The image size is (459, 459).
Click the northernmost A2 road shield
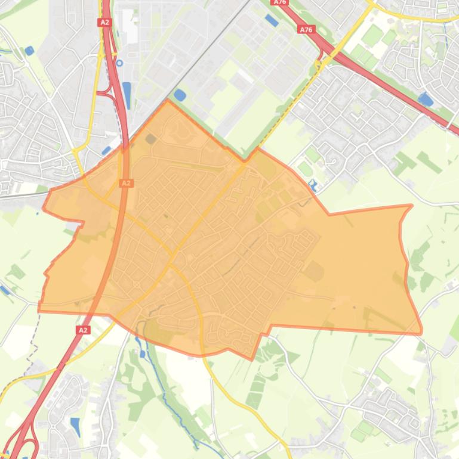point(104,23)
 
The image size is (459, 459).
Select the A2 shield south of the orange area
point(83,330)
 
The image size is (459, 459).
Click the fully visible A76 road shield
point(306,29)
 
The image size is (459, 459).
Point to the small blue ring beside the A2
point(119,63)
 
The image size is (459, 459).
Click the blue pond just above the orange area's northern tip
point(180,94)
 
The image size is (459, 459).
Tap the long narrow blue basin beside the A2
point(127,95)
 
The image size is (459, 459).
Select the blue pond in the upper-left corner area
point(29,51)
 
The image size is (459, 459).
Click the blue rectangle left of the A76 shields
point(272,21)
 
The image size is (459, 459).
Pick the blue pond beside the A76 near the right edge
point(426,100)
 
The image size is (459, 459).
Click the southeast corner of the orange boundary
point(421,331)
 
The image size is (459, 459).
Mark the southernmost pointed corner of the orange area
point(251,359)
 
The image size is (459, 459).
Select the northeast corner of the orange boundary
point(411,206)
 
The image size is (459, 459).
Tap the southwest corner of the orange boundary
point(39,310)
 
